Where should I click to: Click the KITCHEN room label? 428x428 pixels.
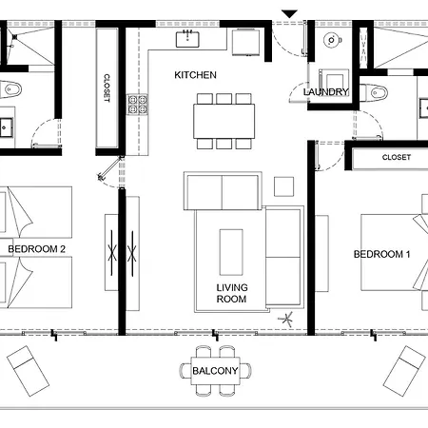click(x=195, y=75)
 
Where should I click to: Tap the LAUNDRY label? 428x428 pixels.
click(x=326, y=92)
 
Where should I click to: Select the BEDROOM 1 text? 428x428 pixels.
click(x=381, y=254)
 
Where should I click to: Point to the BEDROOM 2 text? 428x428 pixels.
click(x=37, y=249)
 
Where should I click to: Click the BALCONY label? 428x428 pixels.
click(x=215, y=371)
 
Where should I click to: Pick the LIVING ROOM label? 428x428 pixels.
click(x=232, y=293)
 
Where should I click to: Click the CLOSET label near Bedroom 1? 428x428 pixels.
click(x=397, y=157)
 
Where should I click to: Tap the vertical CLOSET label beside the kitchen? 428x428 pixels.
click(x=107, y=88)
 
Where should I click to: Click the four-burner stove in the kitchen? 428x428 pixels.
click(x=138, y=105)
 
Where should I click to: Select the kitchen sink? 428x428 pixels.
click(x=187, y=39)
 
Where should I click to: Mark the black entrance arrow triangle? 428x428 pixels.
click(x=289, y=14)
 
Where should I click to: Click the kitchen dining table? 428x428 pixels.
click(x=224, y=121)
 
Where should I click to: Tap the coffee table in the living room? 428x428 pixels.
click(x=231, y=252)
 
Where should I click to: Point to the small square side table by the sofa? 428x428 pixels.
click(x=283, y=186)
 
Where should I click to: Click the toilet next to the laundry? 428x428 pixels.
click(x=374, y=92)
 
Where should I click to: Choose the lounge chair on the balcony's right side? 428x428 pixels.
click(x=404, y=371)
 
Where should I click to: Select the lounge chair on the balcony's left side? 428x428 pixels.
click(x=28, y=371)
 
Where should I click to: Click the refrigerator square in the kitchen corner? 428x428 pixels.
click(x=245, y=42)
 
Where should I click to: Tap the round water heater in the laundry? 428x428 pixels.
click(x=332, y=40)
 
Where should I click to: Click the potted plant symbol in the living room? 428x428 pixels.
click(x=286, y=319)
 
